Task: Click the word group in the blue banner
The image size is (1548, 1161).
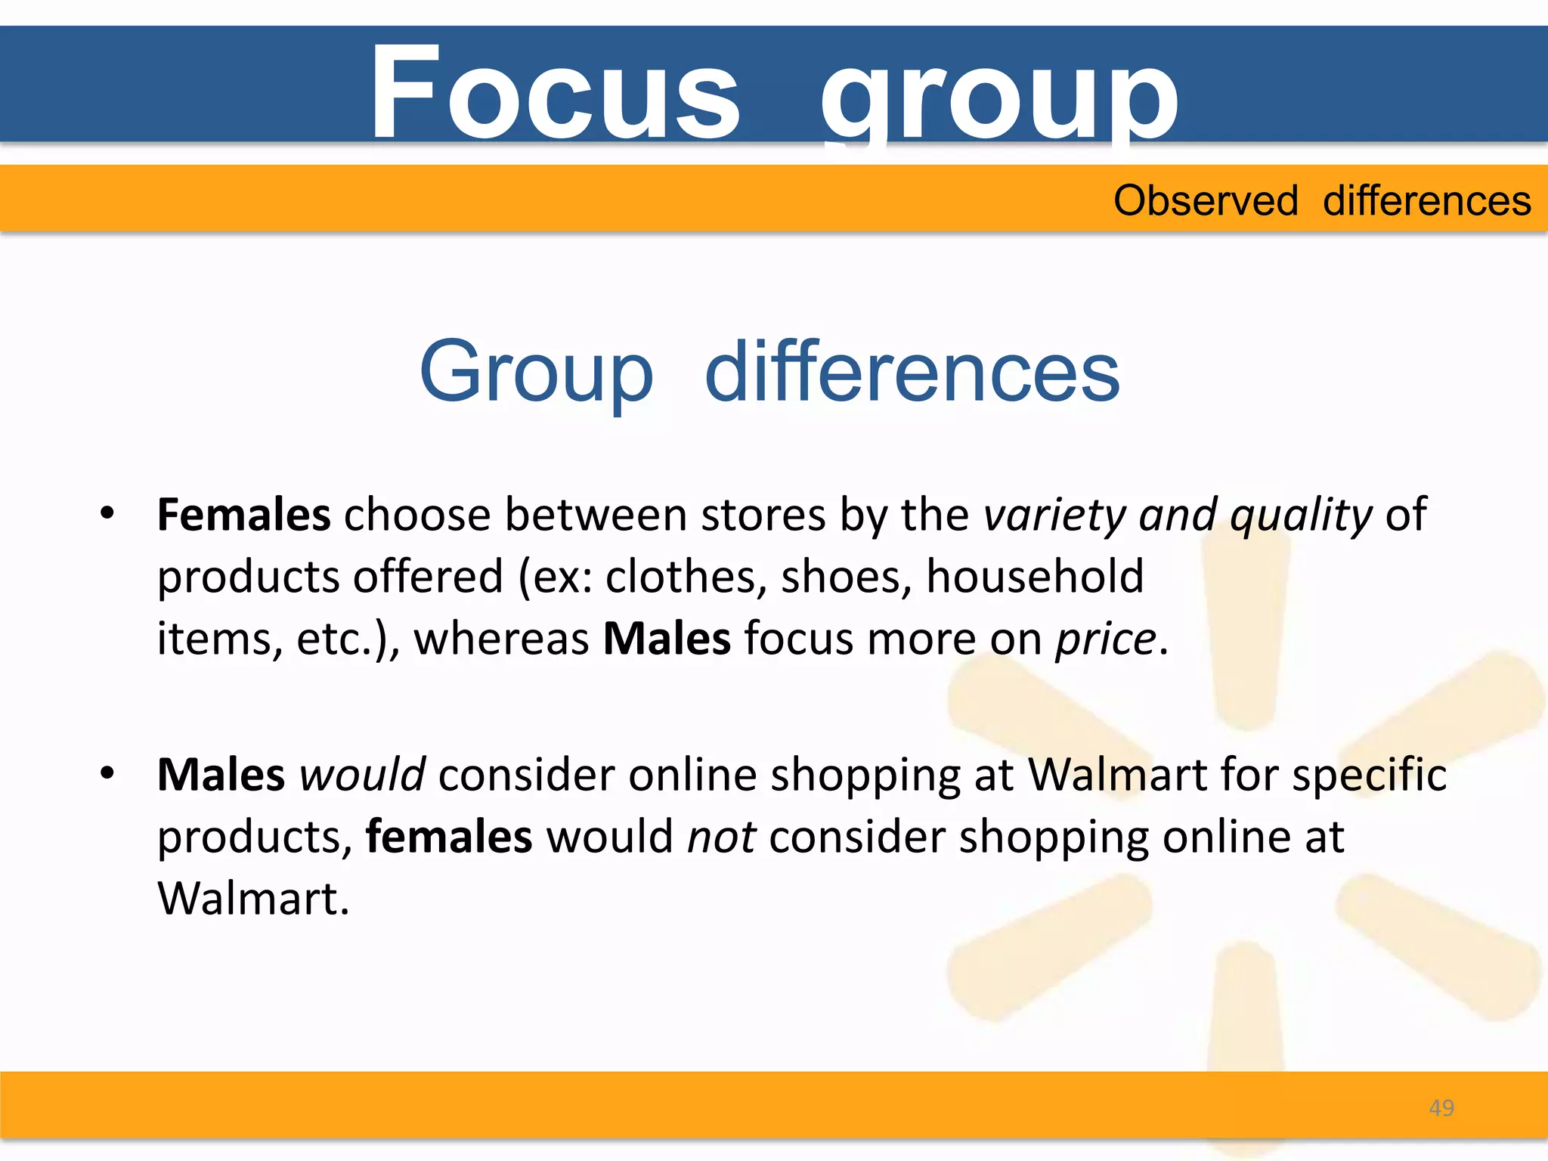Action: pyautogui.click(x=998, y=98)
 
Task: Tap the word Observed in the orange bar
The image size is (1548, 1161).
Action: pyautogui.click(x=1206, y=201)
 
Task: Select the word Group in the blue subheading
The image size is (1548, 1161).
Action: pyautogui.click(x=536, y=373)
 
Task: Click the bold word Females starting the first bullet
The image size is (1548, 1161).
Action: pyautogui.click(x=243, y=515)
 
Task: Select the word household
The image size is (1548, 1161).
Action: pyautogui.click(x=1035, y=577)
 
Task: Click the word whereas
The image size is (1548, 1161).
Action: pyautogui.click(x=501, y=639)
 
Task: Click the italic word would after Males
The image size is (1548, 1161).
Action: pyautogui.click(x=362, y=775)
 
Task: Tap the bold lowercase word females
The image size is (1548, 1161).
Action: pyautogui.click(x=449, y=837)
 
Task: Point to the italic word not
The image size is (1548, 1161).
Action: pyautogui.click(x=721, y=837)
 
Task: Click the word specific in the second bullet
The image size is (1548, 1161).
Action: pyautogui.click(x=1369, y=775)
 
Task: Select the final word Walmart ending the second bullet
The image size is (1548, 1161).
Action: pyautogui.click(x=253, y=899)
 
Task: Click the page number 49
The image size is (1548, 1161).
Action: pyautogui.click(x=1441, y=1108)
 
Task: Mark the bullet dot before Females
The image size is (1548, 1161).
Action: pyautogui.click(x=107, y=513)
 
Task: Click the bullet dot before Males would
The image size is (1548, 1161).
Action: pyautogui.click(x=107, y=773)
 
